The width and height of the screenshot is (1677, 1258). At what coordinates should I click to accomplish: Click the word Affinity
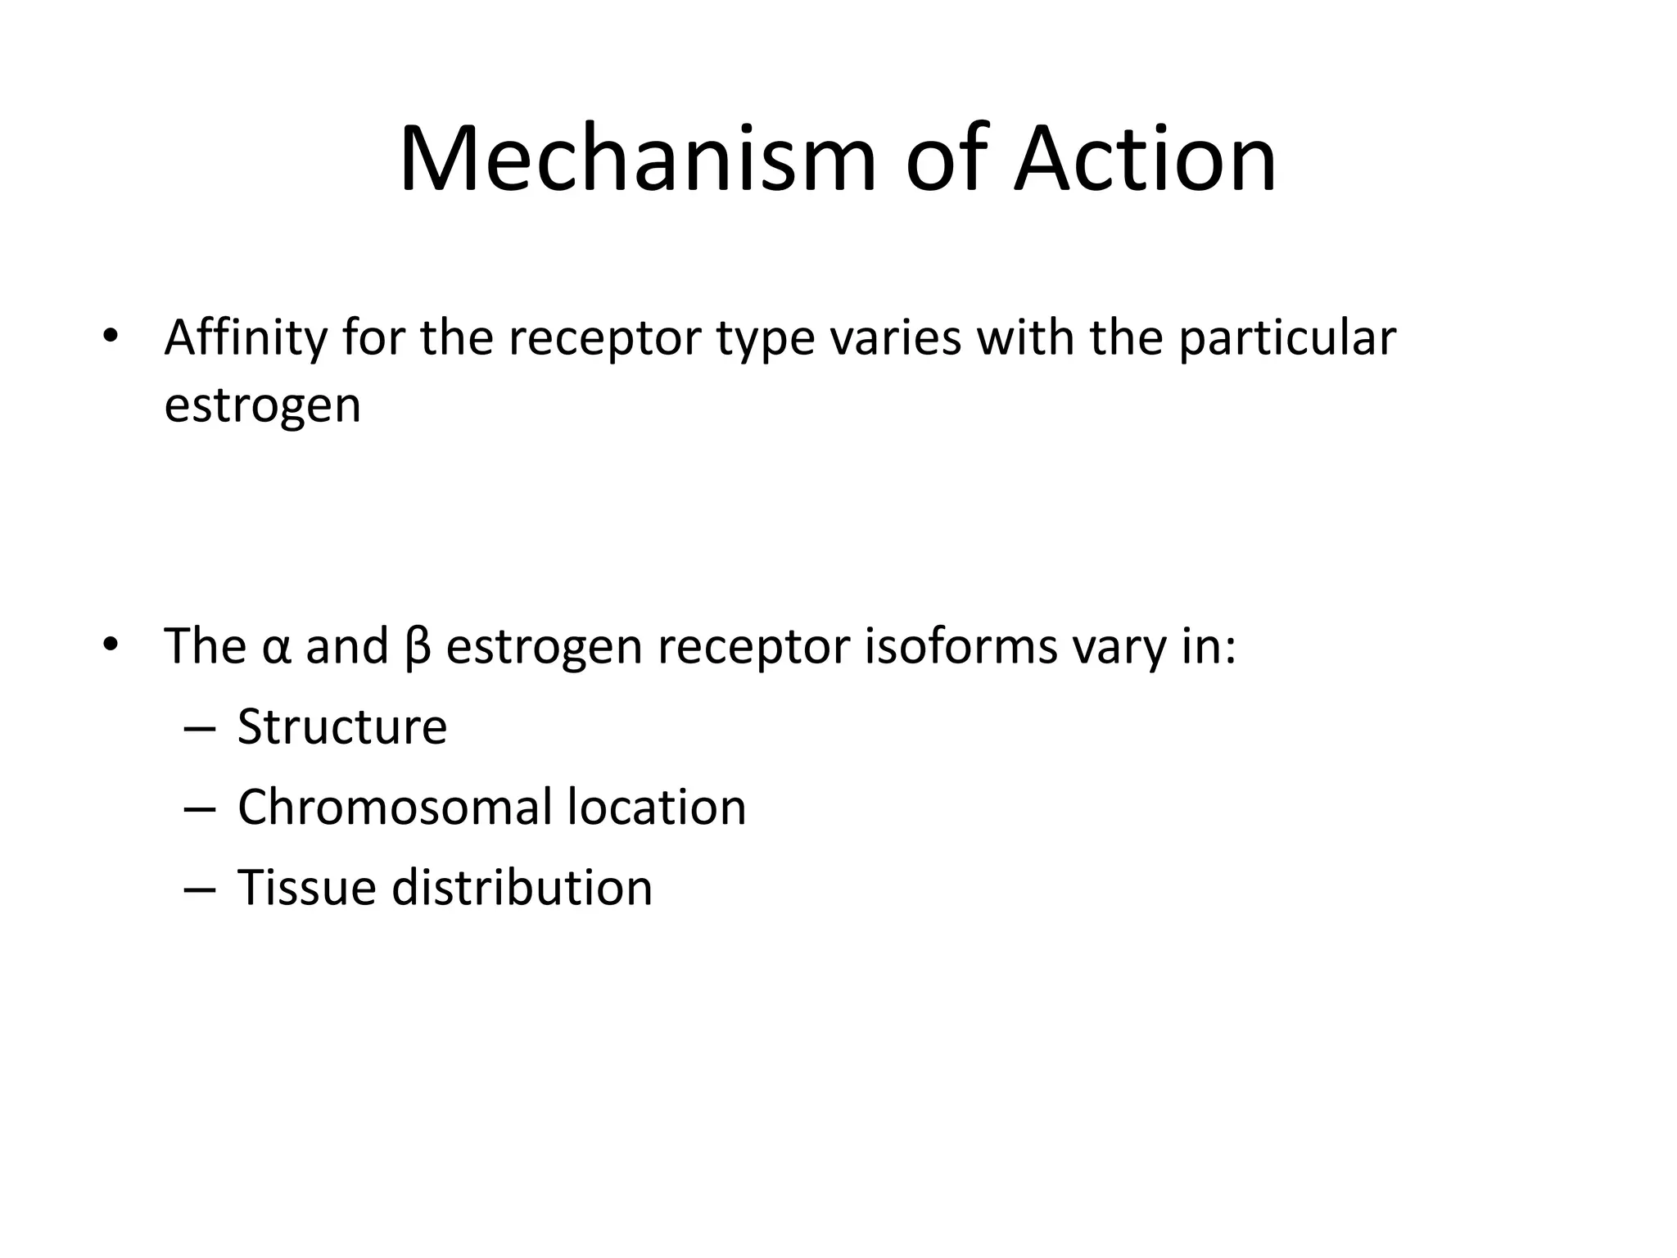pos(245,338)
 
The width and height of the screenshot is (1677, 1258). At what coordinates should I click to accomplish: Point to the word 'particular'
pos(1287,338)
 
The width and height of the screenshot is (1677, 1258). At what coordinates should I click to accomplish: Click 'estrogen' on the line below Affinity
pos(262,406)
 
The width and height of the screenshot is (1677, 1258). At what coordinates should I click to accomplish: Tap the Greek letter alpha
pos(277,648)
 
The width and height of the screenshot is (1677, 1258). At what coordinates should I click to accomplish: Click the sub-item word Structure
pos(342,726)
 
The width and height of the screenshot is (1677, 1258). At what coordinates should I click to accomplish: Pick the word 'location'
pos(657,808)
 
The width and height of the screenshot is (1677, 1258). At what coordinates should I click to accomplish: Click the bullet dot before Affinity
pos(111,337)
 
